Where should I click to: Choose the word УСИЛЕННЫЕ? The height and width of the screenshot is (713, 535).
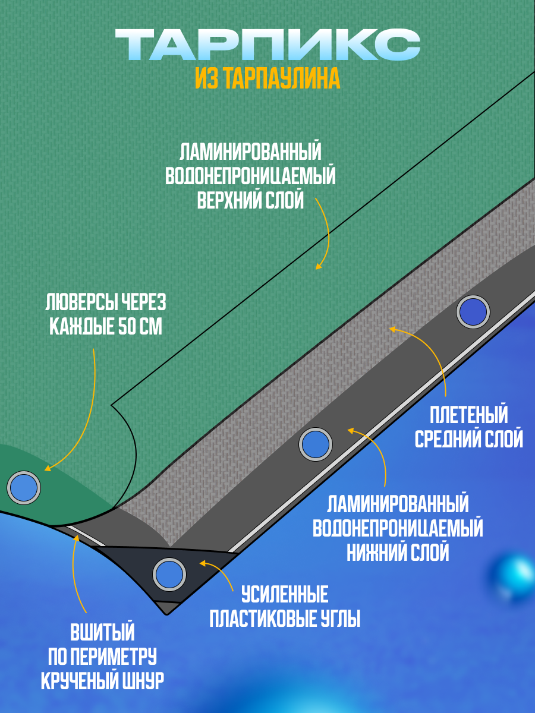[285, 594]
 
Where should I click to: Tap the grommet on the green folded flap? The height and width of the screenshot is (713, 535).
[24, 487]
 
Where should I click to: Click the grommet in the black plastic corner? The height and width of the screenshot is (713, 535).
[169, 574]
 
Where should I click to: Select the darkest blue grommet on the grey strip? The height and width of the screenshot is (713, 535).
[473, 311]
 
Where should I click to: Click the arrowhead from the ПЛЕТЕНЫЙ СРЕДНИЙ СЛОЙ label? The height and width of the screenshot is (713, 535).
[391, 327]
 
